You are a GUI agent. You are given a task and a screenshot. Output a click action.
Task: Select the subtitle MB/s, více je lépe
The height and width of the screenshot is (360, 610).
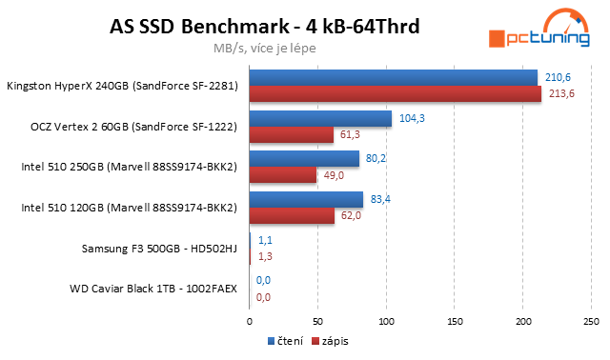264,46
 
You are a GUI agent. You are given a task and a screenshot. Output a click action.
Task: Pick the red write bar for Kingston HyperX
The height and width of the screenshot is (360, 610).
395,93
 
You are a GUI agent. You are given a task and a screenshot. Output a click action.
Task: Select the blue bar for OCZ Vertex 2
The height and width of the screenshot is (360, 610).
320,118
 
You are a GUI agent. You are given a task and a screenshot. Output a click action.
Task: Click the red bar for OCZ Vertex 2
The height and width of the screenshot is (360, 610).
291,134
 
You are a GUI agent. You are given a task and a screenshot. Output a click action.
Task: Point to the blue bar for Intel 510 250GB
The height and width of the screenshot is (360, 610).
304,159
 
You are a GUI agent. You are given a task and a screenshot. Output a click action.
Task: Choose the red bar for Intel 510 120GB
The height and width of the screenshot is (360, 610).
292,216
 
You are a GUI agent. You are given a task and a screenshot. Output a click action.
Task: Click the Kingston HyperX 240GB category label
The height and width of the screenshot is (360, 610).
122,86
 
